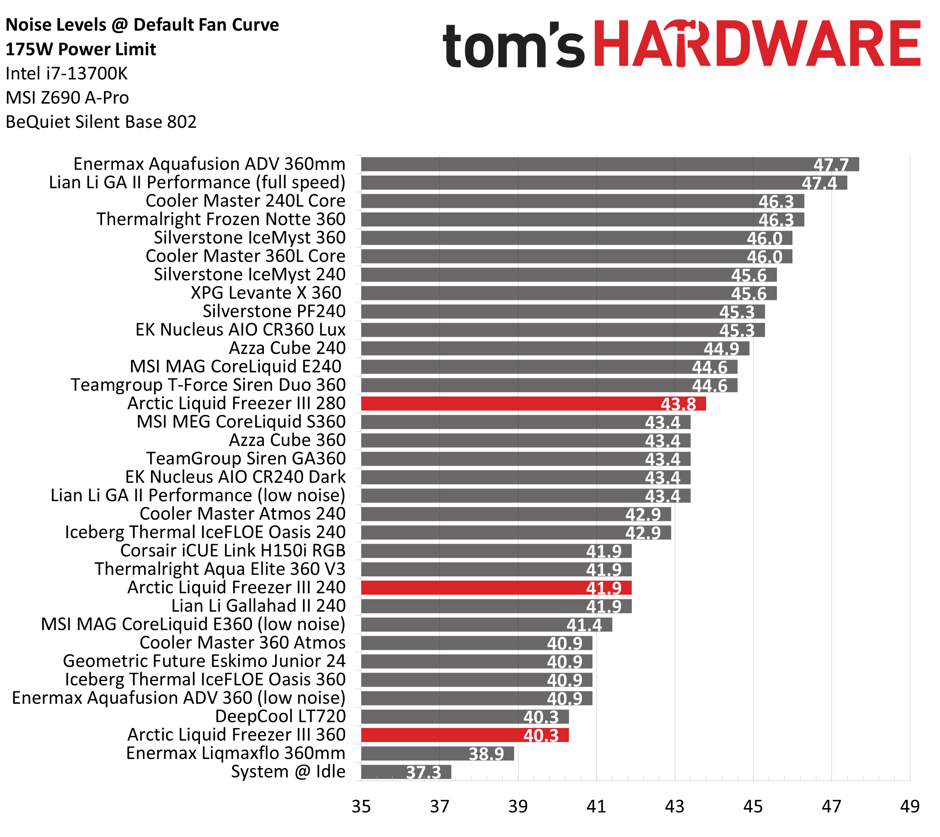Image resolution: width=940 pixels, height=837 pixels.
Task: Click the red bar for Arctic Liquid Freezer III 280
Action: click(x=534, y=404)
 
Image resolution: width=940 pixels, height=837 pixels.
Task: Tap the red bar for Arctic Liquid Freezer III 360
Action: click(x=465, y=735)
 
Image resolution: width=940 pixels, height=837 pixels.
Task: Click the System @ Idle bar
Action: click(x=406, y=772)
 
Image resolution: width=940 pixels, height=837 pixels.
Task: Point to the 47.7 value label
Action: click(x=831, y=165)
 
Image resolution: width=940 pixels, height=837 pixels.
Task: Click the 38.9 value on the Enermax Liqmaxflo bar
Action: click(x=486, y=754)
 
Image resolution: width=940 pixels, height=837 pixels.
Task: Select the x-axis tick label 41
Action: click(x=596, y=806)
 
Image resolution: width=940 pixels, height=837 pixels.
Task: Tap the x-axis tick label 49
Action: click(x=909, y=806)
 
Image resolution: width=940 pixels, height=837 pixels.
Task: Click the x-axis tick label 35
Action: click(x=361, y=806)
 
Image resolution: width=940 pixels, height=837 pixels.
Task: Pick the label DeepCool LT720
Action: click(x=280, y=716)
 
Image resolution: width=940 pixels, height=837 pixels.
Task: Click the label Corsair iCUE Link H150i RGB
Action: click(x=233, y=551)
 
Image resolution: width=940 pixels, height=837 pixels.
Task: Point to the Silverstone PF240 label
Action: click(x=274, y=311)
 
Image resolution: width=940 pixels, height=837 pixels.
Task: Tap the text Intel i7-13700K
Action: click(x=67, y=74)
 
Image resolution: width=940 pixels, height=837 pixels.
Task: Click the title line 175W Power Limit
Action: click(x=81, y=49)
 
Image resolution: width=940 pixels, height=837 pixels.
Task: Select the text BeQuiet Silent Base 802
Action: click(x=101, y=122)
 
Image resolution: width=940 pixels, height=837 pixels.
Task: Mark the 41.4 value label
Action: click(x=584, y=625)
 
